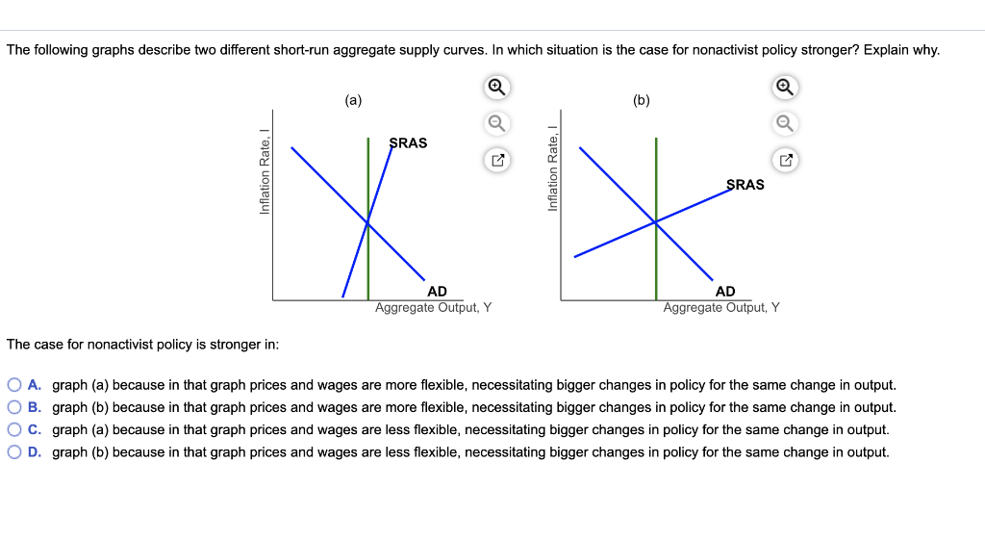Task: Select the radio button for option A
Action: point(14,385)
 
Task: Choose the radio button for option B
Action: point(14,407)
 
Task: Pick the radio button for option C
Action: point(14,430)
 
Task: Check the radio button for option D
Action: point(14,452)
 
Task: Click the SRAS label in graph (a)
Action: point(409,142)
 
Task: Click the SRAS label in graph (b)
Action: point(745,184)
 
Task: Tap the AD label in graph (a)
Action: point(437,291)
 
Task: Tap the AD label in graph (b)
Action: point(725,291)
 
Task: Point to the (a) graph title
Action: point(353,99)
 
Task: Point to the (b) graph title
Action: point(642,99)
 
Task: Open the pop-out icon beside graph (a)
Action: point(496,160)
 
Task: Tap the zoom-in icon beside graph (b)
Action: point(785,88)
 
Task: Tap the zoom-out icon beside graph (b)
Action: point(785,123)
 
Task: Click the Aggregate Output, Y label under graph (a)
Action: point(433,308)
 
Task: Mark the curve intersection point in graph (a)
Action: point(367,222)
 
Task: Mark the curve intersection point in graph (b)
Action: point(656,222)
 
